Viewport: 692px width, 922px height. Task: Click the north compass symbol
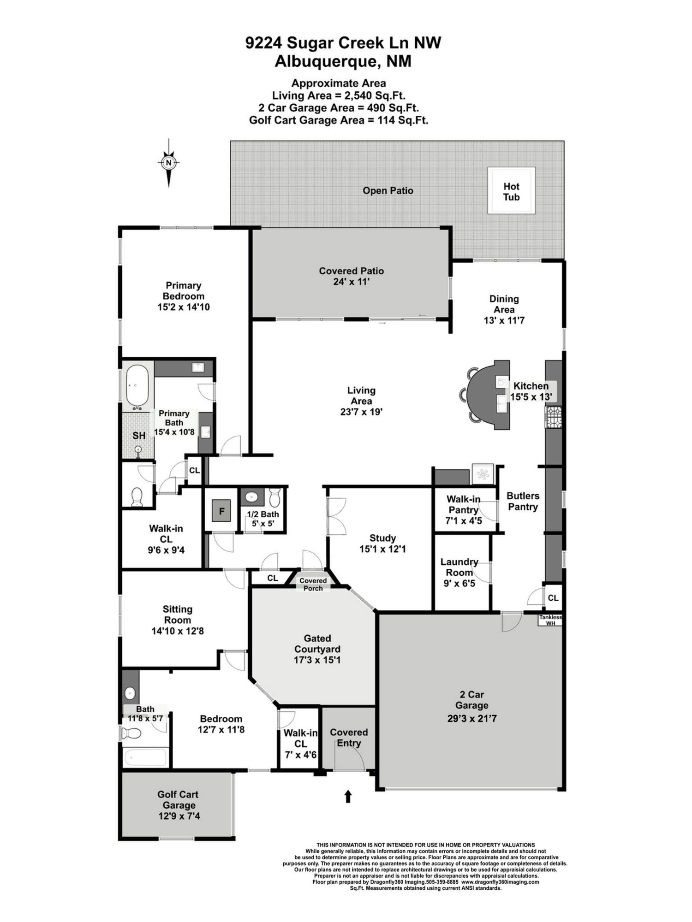[169, 163]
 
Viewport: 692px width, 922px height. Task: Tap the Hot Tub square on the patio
[512, 191]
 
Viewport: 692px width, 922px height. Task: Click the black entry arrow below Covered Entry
[348, 797]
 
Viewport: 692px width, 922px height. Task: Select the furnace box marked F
[221, 511]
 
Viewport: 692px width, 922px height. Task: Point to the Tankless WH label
[550, 620]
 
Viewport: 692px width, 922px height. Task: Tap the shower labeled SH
[138, 435]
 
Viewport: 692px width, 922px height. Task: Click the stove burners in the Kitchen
[554, 417]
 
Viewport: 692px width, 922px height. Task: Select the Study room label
[382, 538]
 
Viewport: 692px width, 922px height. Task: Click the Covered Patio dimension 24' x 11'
[352, 282]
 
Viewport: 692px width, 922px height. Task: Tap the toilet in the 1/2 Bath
[274, 497]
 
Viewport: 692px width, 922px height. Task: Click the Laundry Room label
[459, 567]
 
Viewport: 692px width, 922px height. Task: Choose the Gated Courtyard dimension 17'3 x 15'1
[317, 660]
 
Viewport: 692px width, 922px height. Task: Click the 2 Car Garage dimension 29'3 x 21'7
[472, 718]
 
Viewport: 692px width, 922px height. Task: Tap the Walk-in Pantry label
[463, 504]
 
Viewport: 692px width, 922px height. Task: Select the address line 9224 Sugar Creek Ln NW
[343, 43]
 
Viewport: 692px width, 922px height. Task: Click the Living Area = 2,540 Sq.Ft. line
[339, 96]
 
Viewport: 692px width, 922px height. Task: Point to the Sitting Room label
[178, 615]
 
